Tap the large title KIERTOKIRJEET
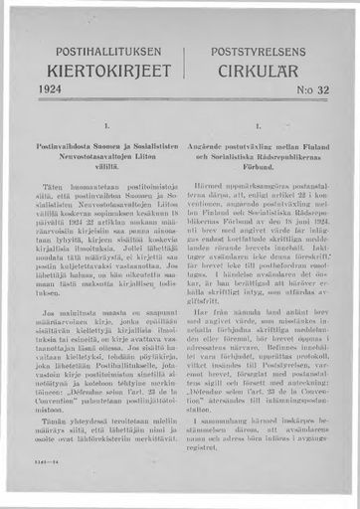102,71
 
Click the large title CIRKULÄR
257,71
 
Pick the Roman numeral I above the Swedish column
257,127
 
